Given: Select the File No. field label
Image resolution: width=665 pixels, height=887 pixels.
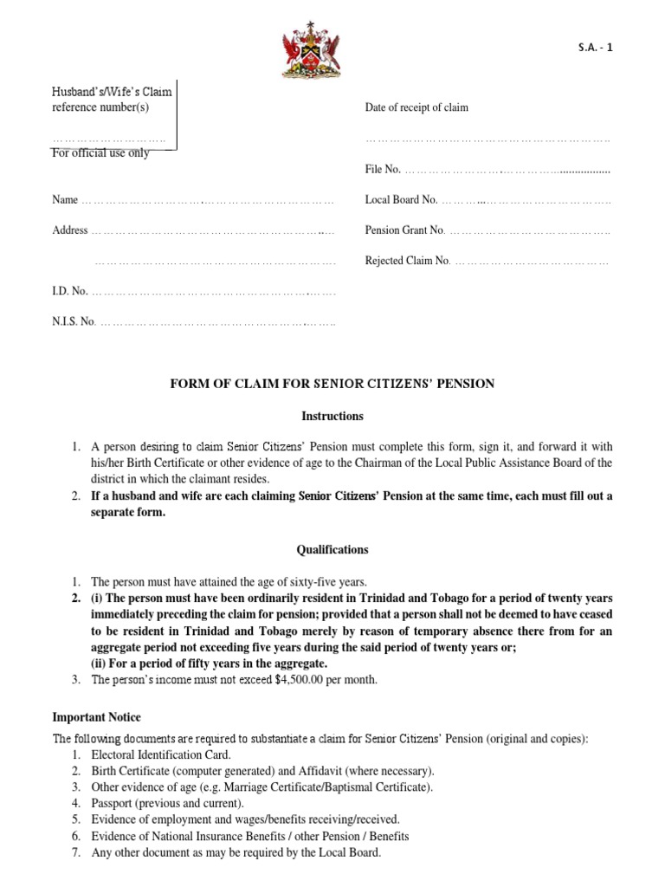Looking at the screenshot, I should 383,169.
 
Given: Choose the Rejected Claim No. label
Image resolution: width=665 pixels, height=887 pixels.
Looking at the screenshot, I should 408,261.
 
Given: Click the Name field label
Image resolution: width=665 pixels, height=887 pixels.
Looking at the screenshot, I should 65,200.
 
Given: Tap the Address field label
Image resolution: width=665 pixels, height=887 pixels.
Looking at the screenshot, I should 70,230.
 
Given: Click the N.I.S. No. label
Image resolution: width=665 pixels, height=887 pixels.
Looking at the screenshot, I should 74,322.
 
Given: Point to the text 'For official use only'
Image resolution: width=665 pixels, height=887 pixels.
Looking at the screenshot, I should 100,153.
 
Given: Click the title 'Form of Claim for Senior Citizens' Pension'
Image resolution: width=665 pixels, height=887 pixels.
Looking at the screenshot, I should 332,384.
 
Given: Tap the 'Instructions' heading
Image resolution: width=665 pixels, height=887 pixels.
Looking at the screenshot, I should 332,416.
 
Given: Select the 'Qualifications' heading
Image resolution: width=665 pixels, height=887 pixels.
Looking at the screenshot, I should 332,549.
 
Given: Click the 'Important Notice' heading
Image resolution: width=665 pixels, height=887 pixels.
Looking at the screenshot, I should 96,717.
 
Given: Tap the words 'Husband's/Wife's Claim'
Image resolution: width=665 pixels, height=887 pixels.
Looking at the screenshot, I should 117,91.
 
